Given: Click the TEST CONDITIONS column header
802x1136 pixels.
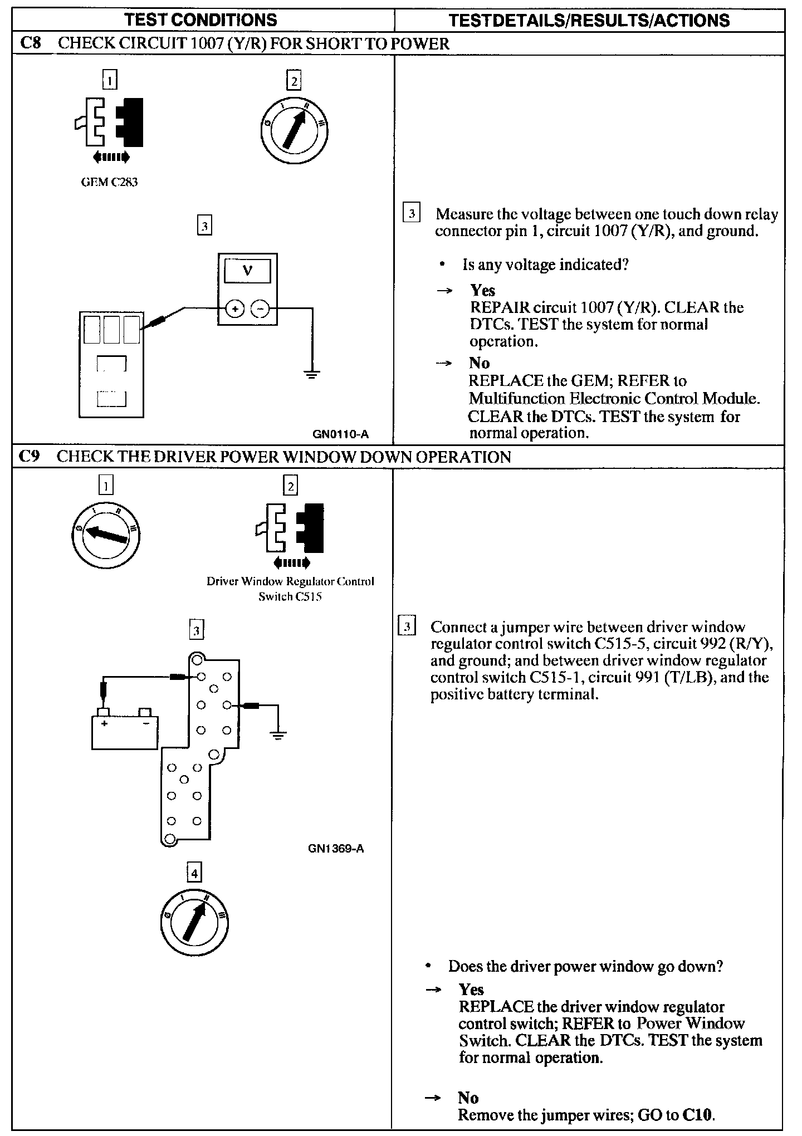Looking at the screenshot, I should click(201, 21).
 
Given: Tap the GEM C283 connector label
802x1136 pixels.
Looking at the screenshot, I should click(109, 182).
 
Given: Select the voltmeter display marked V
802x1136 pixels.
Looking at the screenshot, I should click(247, 271).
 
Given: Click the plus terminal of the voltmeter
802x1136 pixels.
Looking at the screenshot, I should click(234, 308).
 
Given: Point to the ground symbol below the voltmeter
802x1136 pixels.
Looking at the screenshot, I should click(312, 374).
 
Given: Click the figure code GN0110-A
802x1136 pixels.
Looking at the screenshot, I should click(341, 434).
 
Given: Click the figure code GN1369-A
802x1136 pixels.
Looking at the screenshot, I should click(336, 849).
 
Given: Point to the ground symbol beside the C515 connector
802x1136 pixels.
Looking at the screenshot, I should click(278, 735).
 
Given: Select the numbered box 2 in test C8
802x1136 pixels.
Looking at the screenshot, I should click(293, 81).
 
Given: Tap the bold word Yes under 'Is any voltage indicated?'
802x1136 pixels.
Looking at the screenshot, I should click(483, 290).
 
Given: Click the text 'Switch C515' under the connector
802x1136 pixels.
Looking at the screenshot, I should click(291, 596).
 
